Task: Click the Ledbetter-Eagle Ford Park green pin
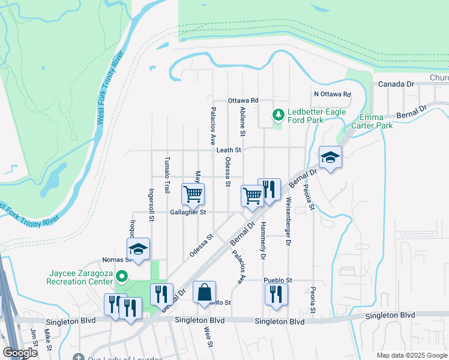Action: pyautogui.click(x=278, y=114)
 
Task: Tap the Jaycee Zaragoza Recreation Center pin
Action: pyautogui.click(x=121, y=277)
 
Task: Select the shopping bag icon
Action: pyautogui.click(x=205, y=292)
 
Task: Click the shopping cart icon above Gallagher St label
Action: pyautogui.click(x=193, y=194)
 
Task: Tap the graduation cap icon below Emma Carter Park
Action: pyautogui.click(x=330, y=158)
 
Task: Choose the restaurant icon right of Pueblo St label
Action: pyautogui.click(x=276, y=294)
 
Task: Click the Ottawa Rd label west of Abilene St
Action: pyautogui.click(x=243, y=100)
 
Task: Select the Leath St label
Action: pyautogui.click(x=229, y=150)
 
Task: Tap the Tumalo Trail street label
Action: pyautogui.click(x=167, y=175)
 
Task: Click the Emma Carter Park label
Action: pyautogui.click(x=376, y=121)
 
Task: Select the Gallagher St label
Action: pyautogui.click(x=188, y=212)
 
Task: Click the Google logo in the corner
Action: pyautogui.click(x=20, y=353)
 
